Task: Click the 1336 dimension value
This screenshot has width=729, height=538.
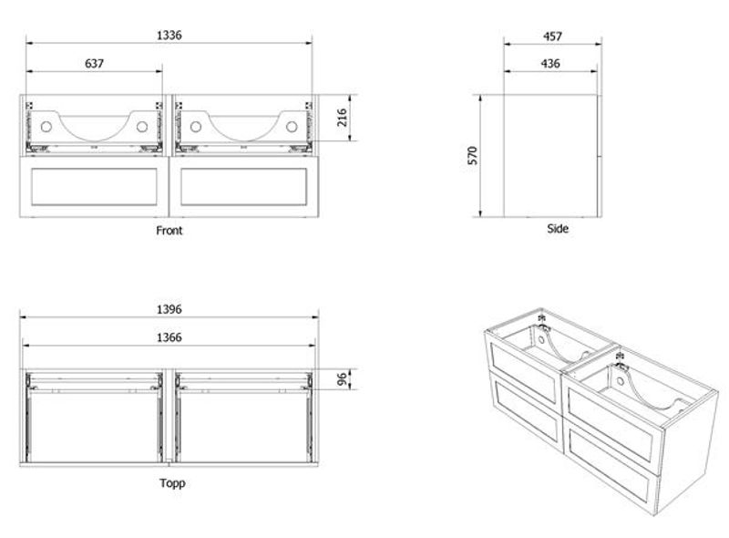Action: click(170, 36)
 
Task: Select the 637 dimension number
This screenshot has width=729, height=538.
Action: click(94, 64)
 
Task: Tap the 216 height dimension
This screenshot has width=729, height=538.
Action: click(344, 119)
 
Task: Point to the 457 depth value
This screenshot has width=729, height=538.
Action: click(551, 36)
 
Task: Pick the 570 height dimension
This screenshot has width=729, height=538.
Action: click(472, 155)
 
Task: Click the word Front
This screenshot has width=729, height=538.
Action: click(169, 231)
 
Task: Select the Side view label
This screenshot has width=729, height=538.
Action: click(558, 229)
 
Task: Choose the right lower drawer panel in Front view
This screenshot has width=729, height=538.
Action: click(242, 187)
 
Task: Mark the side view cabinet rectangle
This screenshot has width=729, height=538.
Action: click(551, 155)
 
